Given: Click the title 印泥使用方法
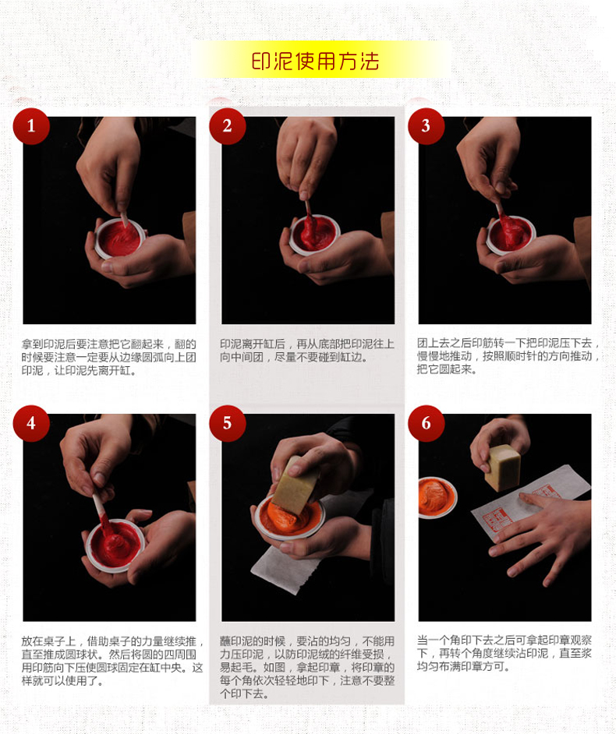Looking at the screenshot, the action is (x=315, y=61).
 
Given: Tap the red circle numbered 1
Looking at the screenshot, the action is (x=31, y=126).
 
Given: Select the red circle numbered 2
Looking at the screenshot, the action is (x=227, y=126).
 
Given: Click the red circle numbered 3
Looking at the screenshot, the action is (x=426, y=126).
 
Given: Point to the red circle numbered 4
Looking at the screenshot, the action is (x=31, y=423).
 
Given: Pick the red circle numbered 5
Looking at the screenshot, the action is (x=227, y=423).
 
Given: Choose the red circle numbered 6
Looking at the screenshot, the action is (x=426, y=423).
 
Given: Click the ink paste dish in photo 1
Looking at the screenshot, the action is (x=120, y=238).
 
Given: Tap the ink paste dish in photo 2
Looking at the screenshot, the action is (x=314, y=235).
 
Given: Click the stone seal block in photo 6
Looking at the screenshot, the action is (x=503, y=468).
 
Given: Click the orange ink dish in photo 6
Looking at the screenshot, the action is (x=436, y=497).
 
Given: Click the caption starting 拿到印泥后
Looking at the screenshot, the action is (x=108, y=357).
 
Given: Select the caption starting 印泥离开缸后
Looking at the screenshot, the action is (x=307, y=351).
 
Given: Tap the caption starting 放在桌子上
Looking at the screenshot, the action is (x=112, y=661).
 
